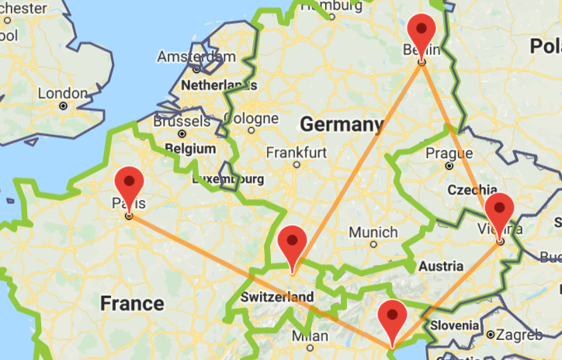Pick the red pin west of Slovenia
tap(392, 319)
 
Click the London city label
tap(63, 93)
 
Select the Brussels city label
tap(182, 122)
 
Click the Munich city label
tap(373, 232)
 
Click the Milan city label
tap(310, 337)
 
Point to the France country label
tap(131, 303)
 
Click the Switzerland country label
tap(277, 297)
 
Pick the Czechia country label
tap(472, 189)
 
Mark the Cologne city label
tap(250, 119)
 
